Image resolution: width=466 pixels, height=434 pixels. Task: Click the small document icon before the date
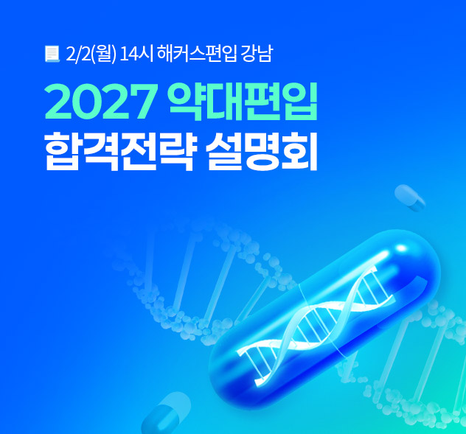[52, 53]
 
